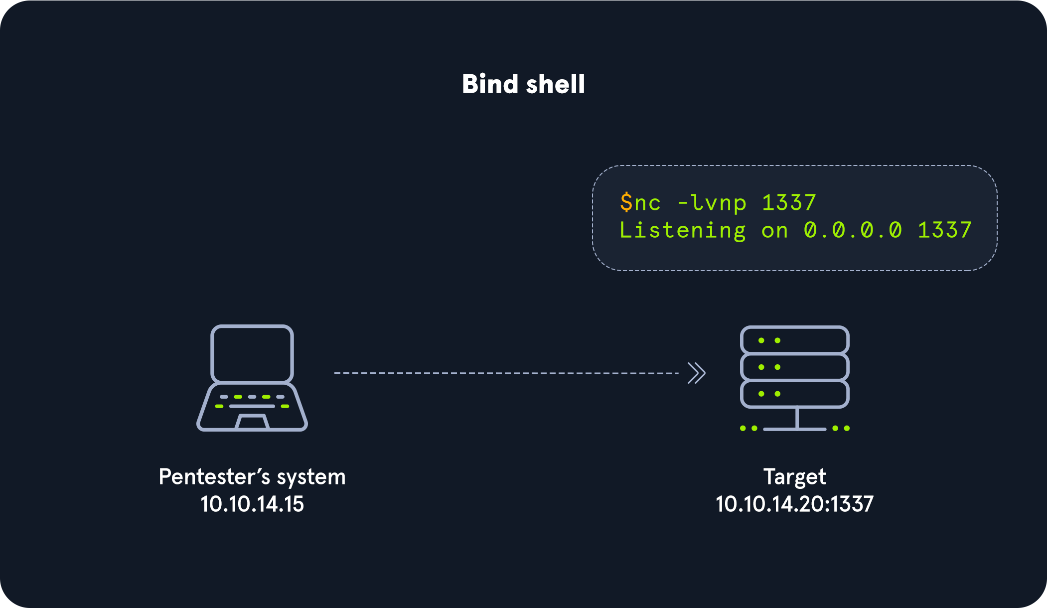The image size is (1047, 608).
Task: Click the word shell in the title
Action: [555, 84]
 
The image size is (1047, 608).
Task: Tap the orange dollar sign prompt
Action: [626, 202]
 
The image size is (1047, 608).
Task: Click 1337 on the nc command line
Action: [789, 202]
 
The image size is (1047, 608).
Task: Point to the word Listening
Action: [682, 230]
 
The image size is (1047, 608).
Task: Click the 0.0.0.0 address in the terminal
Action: [853, 230]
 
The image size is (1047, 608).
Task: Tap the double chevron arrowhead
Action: [697, 373]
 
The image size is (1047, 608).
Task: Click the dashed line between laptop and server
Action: [506, 373]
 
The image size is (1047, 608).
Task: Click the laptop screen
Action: [252, 353]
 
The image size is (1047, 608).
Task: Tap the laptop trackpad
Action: [252, 422]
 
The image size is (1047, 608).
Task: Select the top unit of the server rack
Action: [794, 340]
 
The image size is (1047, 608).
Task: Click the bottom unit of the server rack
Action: [794, 394]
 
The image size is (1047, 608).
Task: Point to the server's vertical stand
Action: [797, 418]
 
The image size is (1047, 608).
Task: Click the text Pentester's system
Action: [252, 477]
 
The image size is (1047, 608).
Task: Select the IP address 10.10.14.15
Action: [252, 504]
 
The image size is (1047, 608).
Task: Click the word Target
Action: [794, 477]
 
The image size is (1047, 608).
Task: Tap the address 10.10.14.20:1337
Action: [794, 504]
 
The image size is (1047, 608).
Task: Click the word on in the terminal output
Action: [774, 231]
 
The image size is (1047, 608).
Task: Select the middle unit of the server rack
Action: [794, 367]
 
